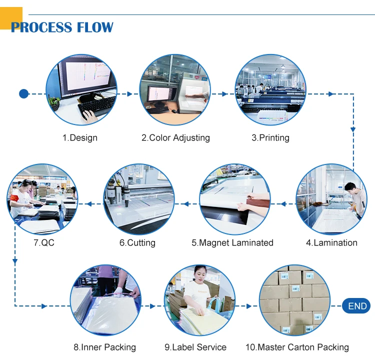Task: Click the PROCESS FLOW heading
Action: tap(62, 27)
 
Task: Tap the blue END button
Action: tap(357, 306)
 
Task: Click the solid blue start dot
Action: tap(23, 93)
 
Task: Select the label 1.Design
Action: tap(80, 137)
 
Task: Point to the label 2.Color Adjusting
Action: tap(175, 137)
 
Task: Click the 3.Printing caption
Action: tap(270, 137)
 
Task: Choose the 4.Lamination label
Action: tap(331, 243)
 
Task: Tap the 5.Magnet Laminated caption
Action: tap(232, 243)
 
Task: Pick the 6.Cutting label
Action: tap(137, 243)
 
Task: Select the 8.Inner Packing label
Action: tap(104, 347)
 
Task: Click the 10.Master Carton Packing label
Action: tap(297, 347)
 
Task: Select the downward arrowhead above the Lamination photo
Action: tap(353, 129)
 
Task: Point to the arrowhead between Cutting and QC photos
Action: tap(88, 203)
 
